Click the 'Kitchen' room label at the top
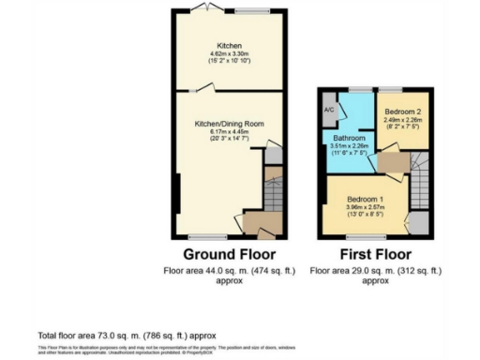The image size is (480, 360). click(230, 46)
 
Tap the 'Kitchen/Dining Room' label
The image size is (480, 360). click(230, 124)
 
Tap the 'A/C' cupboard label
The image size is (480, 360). click(329, 108)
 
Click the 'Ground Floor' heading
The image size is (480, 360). click(229, 254)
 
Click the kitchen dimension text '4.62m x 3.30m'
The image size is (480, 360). click(230, 53)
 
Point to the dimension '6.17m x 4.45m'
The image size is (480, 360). click(230, 131)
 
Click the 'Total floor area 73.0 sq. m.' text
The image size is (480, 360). click(126, 335)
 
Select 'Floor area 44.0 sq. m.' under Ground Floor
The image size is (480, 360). click(229, 270)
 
